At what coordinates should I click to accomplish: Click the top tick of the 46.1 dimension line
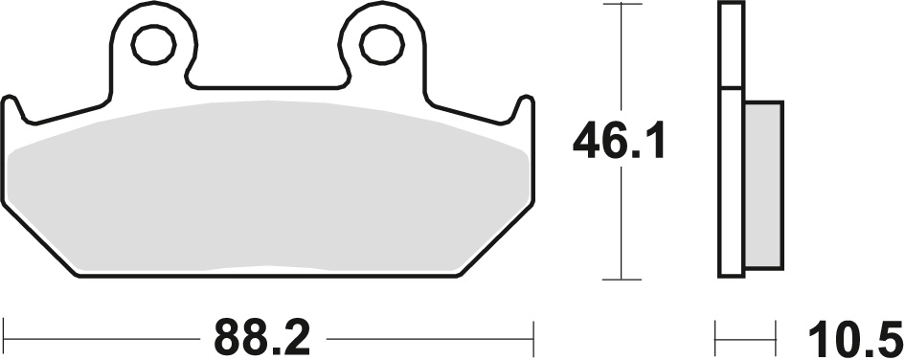click(x=624, y=5)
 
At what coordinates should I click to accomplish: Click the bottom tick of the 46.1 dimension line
click(x=624, y=280)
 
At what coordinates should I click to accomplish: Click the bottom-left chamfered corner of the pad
click(x=43, y=239)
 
